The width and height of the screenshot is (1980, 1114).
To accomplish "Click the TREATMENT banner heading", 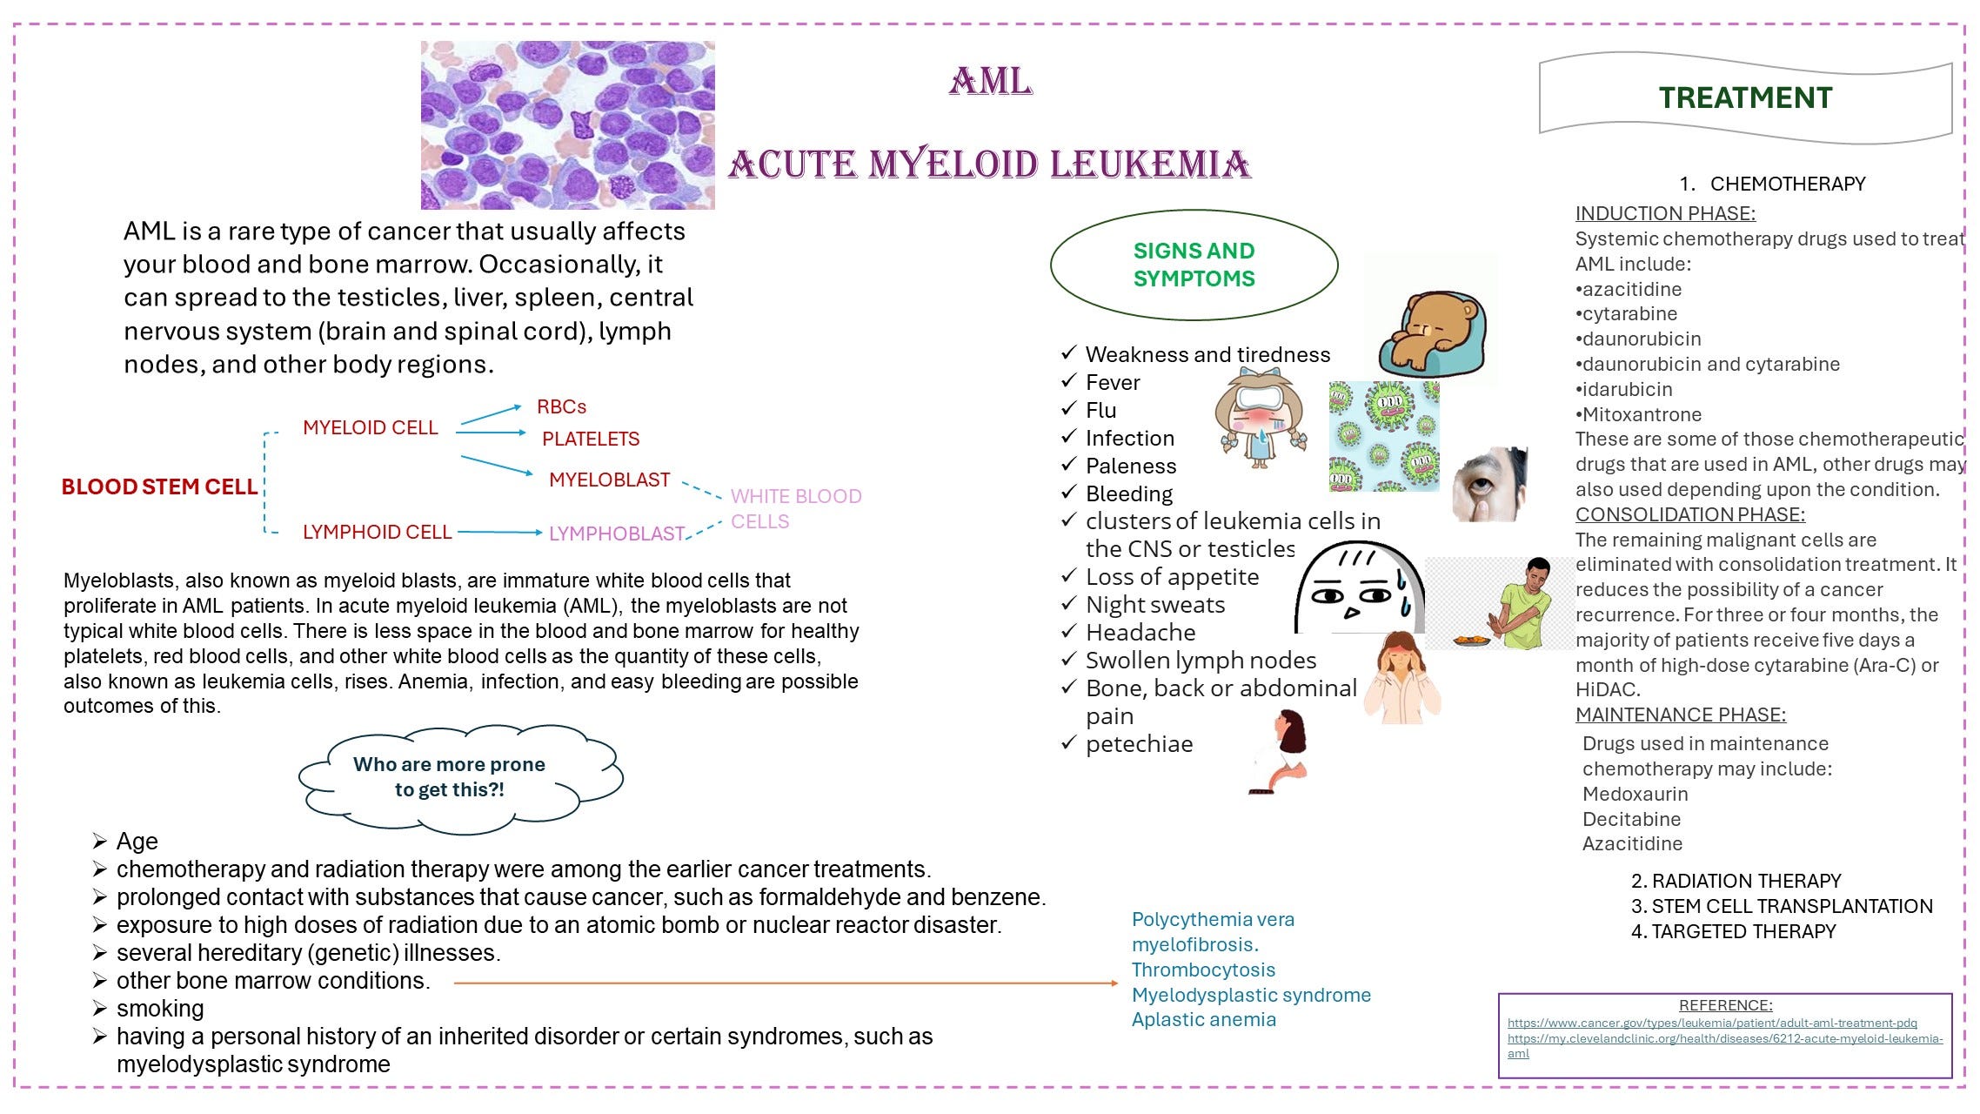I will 1744,97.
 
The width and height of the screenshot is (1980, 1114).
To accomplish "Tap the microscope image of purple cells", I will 567,125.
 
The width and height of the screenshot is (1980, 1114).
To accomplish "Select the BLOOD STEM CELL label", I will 159,487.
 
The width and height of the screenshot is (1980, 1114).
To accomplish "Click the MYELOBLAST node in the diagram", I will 609,480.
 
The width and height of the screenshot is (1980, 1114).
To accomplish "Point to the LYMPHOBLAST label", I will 616,534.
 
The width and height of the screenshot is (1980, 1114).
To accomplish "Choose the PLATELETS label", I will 590,439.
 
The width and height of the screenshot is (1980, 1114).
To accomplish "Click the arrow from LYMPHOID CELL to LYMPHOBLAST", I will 499,532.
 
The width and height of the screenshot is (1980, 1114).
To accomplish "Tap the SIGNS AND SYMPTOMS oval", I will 1194,265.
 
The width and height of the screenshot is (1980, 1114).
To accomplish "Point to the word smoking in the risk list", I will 160,1009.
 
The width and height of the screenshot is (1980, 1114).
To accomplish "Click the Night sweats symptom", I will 1154,605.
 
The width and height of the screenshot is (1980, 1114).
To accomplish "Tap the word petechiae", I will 1139,744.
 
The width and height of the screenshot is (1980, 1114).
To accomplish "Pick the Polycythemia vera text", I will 1212,920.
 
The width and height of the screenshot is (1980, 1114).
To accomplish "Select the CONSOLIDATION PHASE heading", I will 1689,514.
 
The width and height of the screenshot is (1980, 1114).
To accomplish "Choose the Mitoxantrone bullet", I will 1641,414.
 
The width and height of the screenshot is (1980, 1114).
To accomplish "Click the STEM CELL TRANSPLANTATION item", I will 1791,906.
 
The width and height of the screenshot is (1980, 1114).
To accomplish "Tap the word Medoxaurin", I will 1635,794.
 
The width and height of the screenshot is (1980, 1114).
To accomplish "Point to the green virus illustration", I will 1383,436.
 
